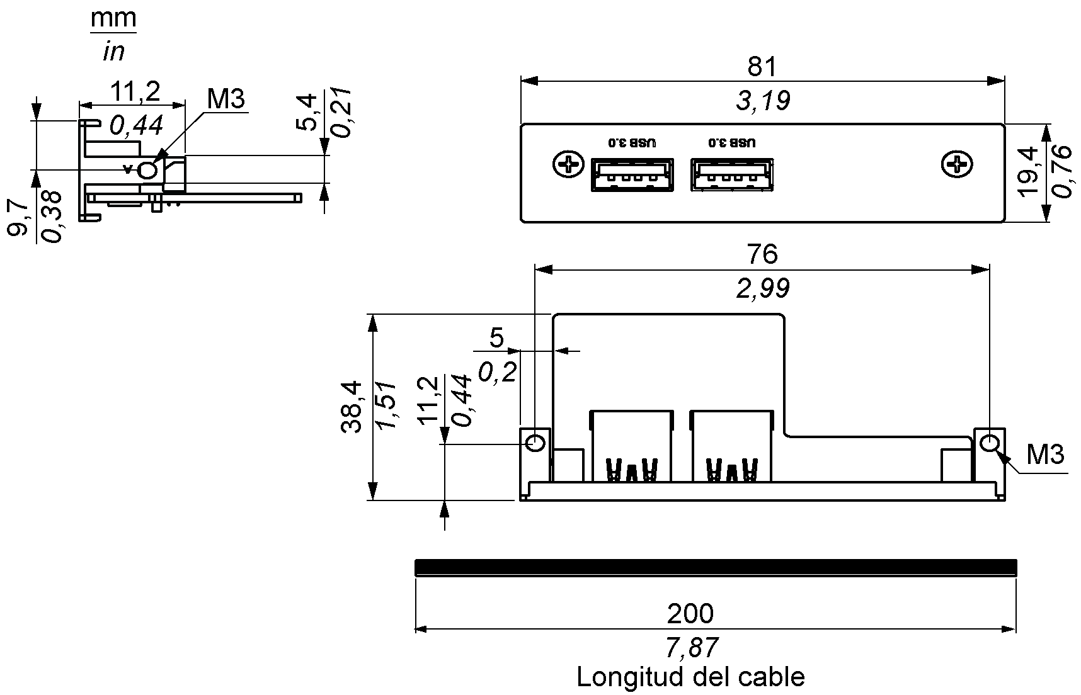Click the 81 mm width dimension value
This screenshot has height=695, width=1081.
762,67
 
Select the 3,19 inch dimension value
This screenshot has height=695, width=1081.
763,101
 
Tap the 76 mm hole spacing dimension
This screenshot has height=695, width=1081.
762,254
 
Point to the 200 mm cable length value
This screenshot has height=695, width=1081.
690,613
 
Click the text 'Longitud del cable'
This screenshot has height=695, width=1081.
690,677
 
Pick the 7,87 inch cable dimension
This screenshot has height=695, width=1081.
691,647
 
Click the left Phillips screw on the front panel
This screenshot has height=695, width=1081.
569,165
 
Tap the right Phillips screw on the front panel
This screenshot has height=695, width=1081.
957,165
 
